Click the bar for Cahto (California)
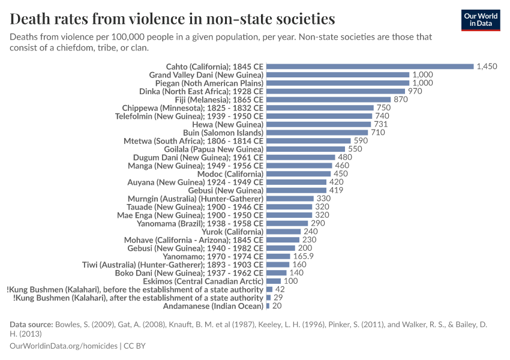click(x=370, y=66)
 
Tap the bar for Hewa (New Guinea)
click(x=319, y=124)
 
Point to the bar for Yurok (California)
click(x=283, y=231)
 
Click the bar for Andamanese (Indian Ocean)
click(x=268, y=305)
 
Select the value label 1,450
click(x=487, y=66)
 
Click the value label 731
click(x=382, y=124)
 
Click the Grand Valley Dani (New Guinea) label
click(x=206, y=74)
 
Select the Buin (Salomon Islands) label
click(x=223, y=132)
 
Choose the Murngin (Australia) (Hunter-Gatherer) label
click(x=195, y=198)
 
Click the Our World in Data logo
click(x=480, y=19)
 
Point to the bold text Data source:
click(x=31, y=325)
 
